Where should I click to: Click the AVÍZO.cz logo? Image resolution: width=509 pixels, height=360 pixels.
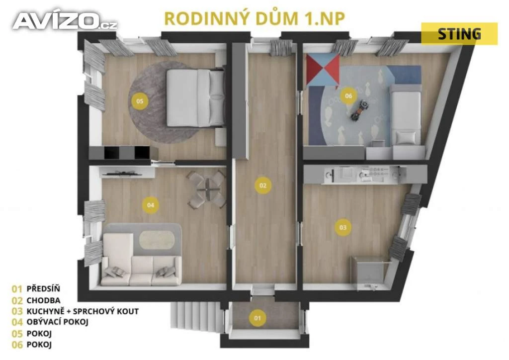pyautogui.click(x=65, y=20)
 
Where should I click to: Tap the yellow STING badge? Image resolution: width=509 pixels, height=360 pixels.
pyautogui.click(x=459, y=34)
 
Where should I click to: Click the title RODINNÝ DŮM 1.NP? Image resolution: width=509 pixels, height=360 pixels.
pyautogui.click(x=254, y=18)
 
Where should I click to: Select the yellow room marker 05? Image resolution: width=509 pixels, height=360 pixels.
pyautogui.click(x=140, y=101)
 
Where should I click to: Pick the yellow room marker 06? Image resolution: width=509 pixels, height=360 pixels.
pyautogui.click(x=348, y=96)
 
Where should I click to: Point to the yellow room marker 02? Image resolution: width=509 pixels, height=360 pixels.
pyautogui.click(x=263, y=185)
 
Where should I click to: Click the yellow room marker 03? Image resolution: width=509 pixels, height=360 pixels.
pyautogui.click(x=343, y=227)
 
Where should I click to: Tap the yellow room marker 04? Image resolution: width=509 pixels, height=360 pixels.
pyautogui.click(x=151, y=205)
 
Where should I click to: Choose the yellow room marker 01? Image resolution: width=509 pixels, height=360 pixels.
pyautogui.click(x=257, y=317)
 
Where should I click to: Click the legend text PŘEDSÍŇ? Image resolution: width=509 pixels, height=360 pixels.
pyautogui.click(x=43, y=288)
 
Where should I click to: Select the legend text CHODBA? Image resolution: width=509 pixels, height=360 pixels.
pyautogui.click(x=43, y=300)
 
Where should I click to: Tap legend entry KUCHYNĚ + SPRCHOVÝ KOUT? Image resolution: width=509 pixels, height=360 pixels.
pyautogui.click(x=83, y=311)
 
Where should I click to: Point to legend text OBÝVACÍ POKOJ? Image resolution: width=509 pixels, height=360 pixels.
pyautogui.click(x=58, y=322)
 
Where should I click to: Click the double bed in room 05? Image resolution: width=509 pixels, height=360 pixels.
pyautogui.click(x=196, y=98)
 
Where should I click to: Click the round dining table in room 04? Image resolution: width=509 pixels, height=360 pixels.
pyautogui.click(x=206, y=189)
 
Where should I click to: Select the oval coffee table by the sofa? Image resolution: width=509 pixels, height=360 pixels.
pyautogui.click(x=157, y=240)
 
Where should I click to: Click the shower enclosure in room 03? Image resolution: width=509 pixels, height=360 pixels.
pyautogui.click(x=370, y=272)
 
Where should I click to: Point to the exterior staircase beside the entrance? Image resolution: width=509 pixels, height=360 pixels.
pyautogui.click(x=196, y=316)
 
